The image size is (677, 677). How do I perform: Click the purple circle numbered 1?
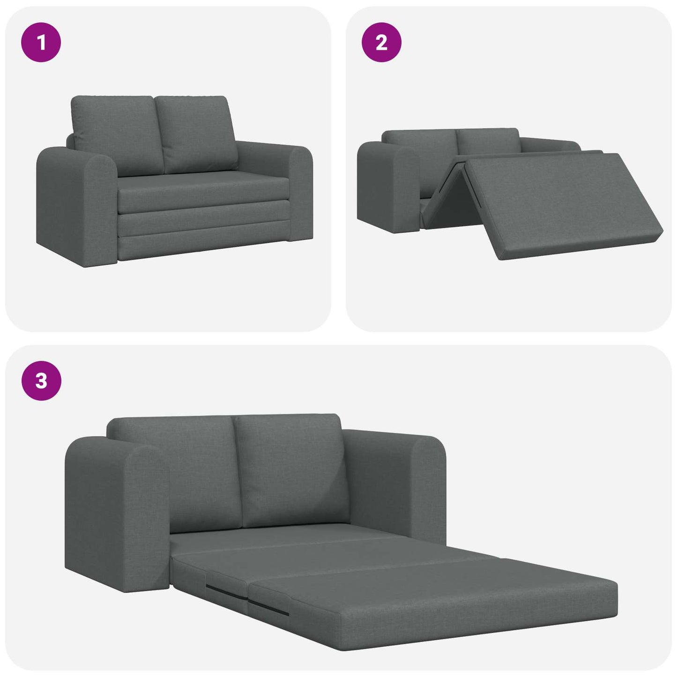tap(41, 42)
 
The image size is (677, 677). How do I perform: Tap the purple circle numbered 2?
tap(381, 42)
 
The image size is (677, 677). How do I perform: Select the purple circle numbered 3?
tap(41, 380)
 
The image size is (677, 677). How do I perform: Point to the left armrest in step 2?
tap(387, 187)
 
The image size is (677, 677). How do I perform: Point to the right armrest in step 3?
tap(398, 483)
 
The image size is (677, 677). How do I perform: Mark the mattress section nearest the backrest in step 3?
tap(281, 539)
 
